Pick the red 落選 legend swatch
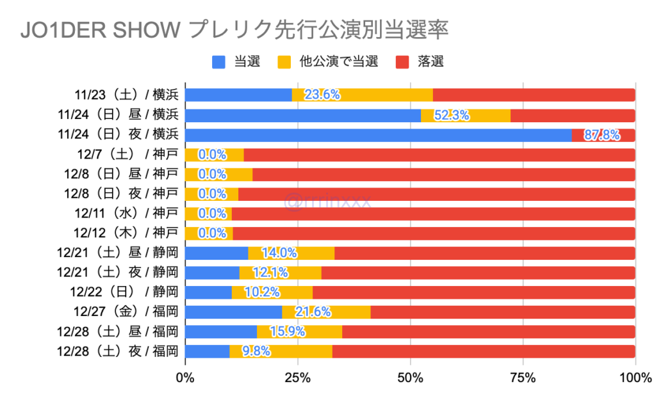pos(403,62)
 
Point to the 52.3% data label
pos(451,115)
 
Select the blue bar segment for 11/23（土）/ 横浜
pos(238,95)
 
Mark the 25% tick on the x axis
pos(298,379)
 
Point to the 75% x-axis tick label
pos(523,379)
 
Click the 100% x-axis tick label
pos(635,379)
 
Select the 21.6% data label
pos(313,312)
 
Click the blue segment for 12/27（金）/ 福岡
pos(233,312)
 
